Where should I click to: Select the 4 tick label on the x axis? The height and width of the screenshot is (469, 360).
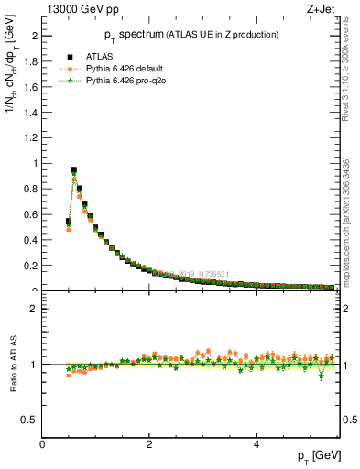coord(256,444)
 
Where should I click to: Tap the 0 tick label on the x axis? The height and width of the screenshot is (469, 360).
coord(43,444)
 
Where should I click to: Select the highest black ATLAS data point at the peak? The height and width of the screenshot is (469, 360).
coord(74,170)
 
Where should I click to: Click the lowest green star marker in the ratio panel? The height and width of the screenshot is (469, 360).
coord(321,376)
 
